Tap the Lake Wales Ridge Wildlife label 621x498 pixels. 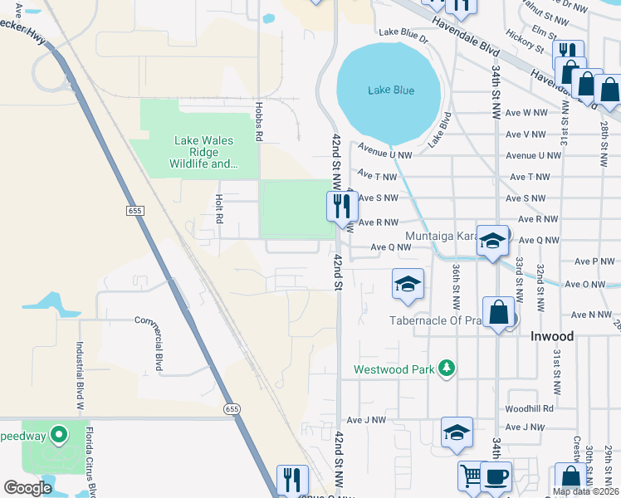pyautogui.click(x=204, y=152)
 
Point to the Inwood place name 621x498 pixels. pyautogui.click(x=552, y=336)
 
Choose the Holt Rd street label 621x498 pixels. pyautogui.click(x=220, y=208)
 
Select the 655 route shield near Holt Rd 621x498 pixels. pyautogui.click(x=136, y=212)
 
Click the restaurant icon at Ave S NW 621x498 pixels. pyautogui.click(x=342, y=205)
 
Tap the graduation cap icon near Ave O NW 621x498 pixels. pyautogui.click(x=408, y=284)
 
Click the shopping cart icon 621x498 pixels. pyautogui.click(x=472, y=476)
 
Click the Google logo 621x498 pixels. pyautogui.click(x=27, y=488)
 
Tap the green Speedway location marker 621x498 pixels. pyautogui.click(x=58, y=434)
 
